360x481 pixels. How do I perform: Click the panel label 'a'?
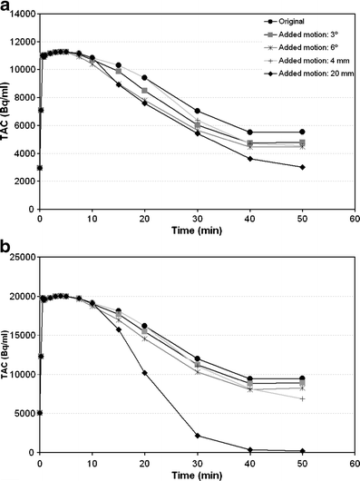coord(6,7)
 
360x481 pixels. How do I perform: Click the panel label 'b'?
coord(6,246)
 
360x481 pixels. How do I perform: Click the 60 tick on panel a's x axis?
coord(355,219)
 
